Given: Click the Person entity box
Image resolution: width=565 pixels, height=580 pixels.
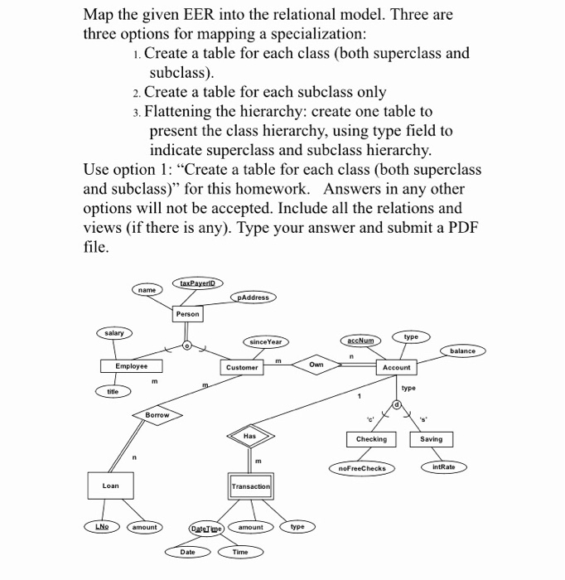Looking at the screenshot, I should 187,314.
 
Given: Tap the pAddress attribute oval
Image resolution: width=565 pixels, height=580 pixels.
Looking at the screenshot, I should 254,297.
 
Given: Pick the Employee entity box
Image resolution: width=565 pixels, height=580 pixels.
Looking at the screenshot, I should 132,365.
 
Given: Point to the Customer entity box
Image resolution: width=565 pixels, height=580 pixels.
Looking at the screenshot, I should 243,366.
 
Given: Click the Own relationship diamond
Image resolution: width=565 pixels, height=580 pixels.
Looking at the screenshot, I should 316,364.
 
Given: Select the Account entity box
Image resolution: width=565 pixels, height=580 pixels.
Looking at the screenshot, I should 396,366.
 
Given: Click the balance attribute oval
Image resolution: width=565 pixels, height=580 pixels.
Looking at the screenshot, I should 462,350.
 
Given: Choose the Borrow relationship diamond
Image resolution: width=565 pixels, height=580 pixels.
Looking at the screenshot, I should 157,414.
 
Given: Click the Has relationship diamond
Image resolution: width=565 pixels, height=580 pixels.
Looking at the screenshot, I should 250,435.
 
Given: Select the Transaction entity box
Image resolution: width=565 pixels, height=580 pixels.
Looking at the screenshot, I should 250,486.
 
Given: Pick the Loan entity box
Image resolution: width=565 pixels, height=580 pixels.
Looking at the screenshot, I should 110,486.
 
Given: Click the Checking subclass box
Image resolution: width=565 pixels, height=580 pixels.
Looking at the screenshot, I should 370,439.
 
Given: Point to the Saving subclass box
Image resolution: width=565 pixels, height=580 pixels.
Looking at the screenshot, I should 431,439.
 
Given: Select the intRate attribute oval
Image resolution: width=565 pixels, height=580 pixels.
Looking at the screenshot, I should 444,467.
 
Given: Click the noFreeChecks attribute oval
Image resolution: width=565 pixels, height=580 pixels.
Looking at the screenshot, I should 362,468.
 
